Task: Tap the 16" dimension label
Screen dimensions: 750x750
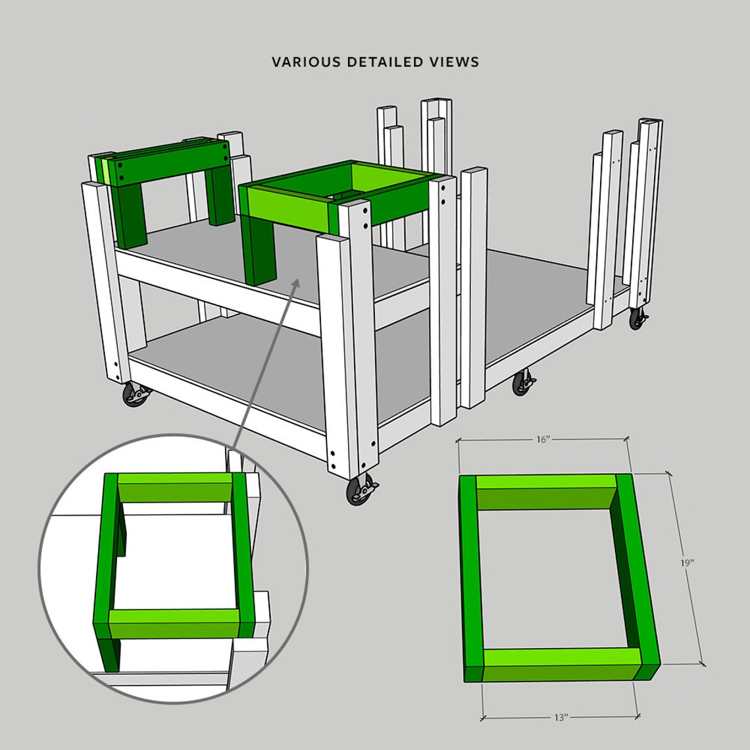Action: tap(542, 439)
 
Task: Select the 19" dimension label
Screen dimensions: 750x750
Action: tap(687, 563)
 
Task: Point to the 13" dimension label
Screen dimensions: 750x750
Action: tap(561, 718)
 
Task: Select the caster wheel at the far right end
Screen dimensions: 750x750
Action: tap(637, 319)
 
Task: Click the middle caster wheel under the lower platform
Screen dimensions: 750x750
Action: tap(523, 383)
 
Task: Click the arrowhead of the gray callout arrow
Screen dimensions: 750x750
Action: tap(297, 282)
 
